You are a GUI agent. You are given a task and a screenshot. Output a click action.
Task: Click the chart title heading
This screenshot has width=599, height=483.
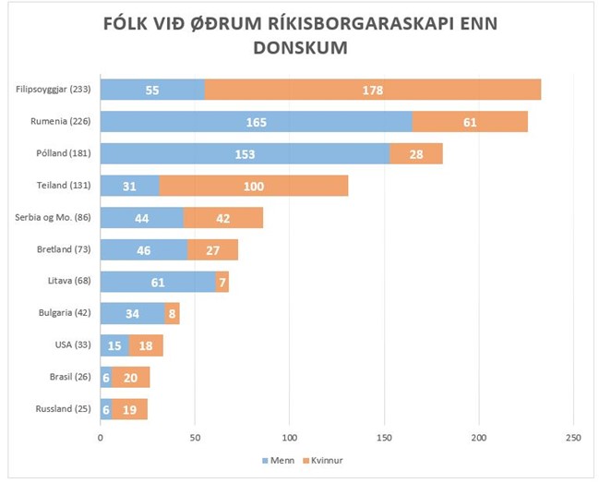click(299, 34)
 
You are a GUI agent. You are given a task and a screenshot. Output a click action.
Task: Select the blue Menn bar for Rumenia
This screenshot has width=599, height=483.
click(256, 122)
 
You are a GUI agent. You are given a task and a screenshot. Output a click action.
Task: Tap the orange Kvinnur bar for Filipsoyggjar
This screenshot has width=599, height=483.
click(372, 90)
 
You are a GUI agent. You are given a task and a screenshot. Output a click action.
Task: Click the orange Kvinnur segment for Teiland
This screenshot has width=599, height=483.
click(254, 186)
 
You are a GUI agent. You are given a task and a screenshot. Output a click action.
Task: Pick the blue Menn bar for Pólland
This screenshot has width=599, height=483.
click(245, 153)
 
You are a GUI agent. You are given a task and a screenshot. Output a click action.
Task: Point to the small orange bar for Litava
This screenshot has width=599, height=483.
click(222, 282)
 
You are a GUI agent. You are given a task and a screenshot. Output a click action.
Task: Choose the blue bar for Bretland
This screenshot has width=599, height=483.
click(143, 249)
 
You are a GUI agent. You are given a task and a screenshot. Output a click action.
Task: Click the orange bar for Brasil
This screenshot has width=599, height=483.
click(130, 377)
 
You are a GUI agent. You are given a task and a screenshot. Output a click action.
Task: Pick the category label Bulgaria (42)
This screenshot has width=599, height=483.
click(64, 313)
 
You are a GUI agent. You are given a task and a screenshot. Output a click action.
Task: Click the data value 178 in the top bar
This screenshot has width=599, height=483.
click(372, 91)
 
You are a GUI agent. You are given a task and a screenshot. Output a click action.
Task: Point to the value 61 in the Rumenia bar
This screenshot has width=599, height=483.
click(470, 122)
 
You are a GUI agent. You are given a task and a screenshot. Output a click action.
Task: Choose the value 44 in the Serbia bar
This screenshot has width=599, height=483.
click(141, 218)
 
